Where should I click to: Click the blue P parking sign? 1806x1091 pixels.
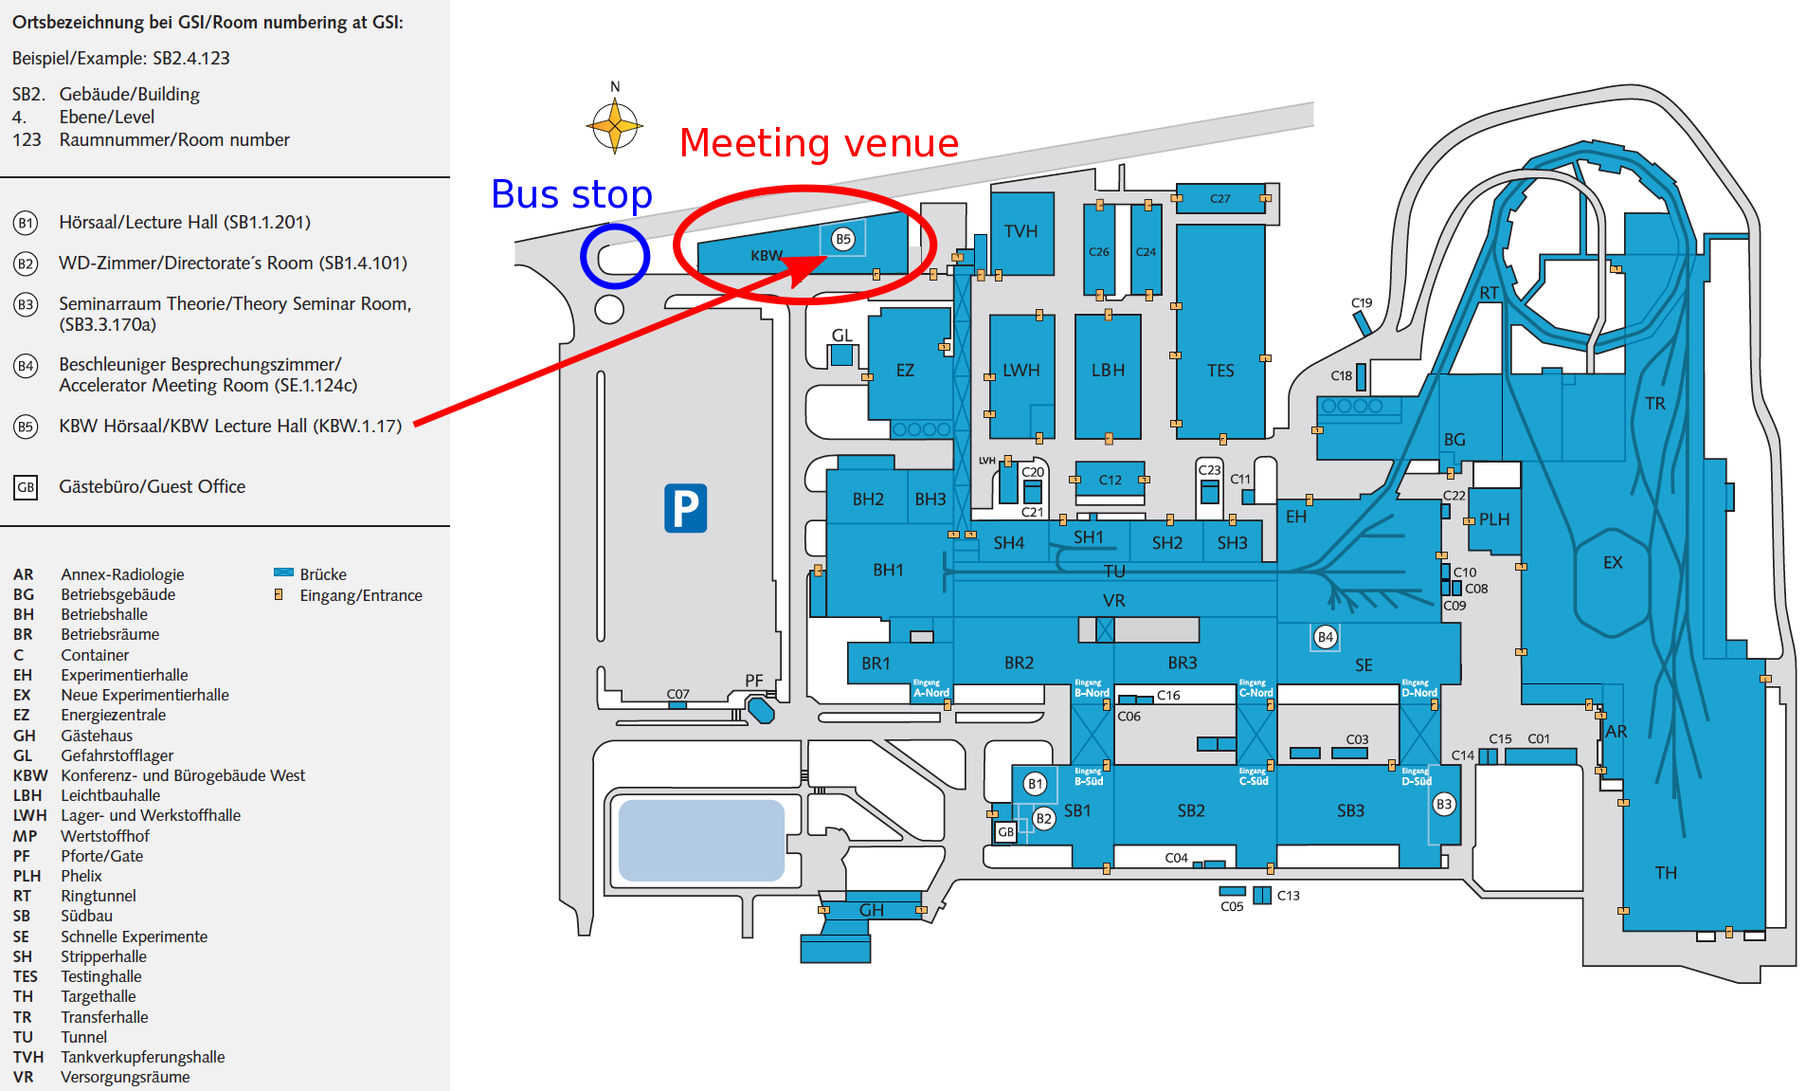click(x=685, y=508)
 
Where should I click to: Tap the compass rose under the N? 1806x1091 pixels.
click(x=615, y=125)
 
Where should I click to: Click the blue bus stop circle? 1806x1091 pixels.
click(x=615, y=256)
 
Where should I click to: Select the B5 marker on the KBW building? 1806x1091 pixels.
click(x=842, y=239)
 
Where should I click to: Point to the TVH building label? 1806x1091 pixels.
click(x=1020, y=231)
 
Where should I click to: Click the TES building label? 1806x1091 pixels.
click(x=1220, y=371)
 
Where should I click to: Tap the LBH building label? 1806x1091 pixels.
click(x=1108, y=371)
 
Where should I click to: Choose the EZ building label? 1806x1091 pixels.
click(x=905, y=371)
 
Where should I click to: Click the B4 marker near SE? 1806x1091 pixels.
click(x=1326, y=637)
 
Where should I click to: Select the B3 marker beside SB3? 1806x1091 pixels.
click(x=1443, y=804)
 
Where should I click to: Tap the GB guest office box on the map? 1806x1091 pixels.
click(x=1005, y=831)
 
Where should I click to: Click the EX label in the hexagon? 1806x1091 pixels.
click(x=1613, y=562)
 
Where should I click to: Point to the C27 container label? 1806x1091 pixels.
click(x=1219, y=199)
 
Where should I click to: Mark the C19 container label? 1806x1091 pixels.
click(x=1361, y=303)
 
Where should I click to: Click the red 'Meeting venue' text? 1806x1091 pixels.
click(x=819, y=143)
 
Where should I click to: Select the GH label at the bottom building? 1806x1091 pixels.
click(x=871, y=910)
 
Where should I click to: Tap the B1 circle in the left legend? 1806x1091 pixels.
click(x=26, y=223)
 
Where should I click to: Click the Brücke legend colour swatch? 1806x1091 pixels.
click(x=283, y=573)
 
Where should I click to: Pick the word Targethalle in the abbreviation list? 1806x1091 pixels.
click(x=99, y=996)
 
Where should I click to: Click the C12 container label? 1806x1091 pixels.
click(x=1110, y=480)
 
